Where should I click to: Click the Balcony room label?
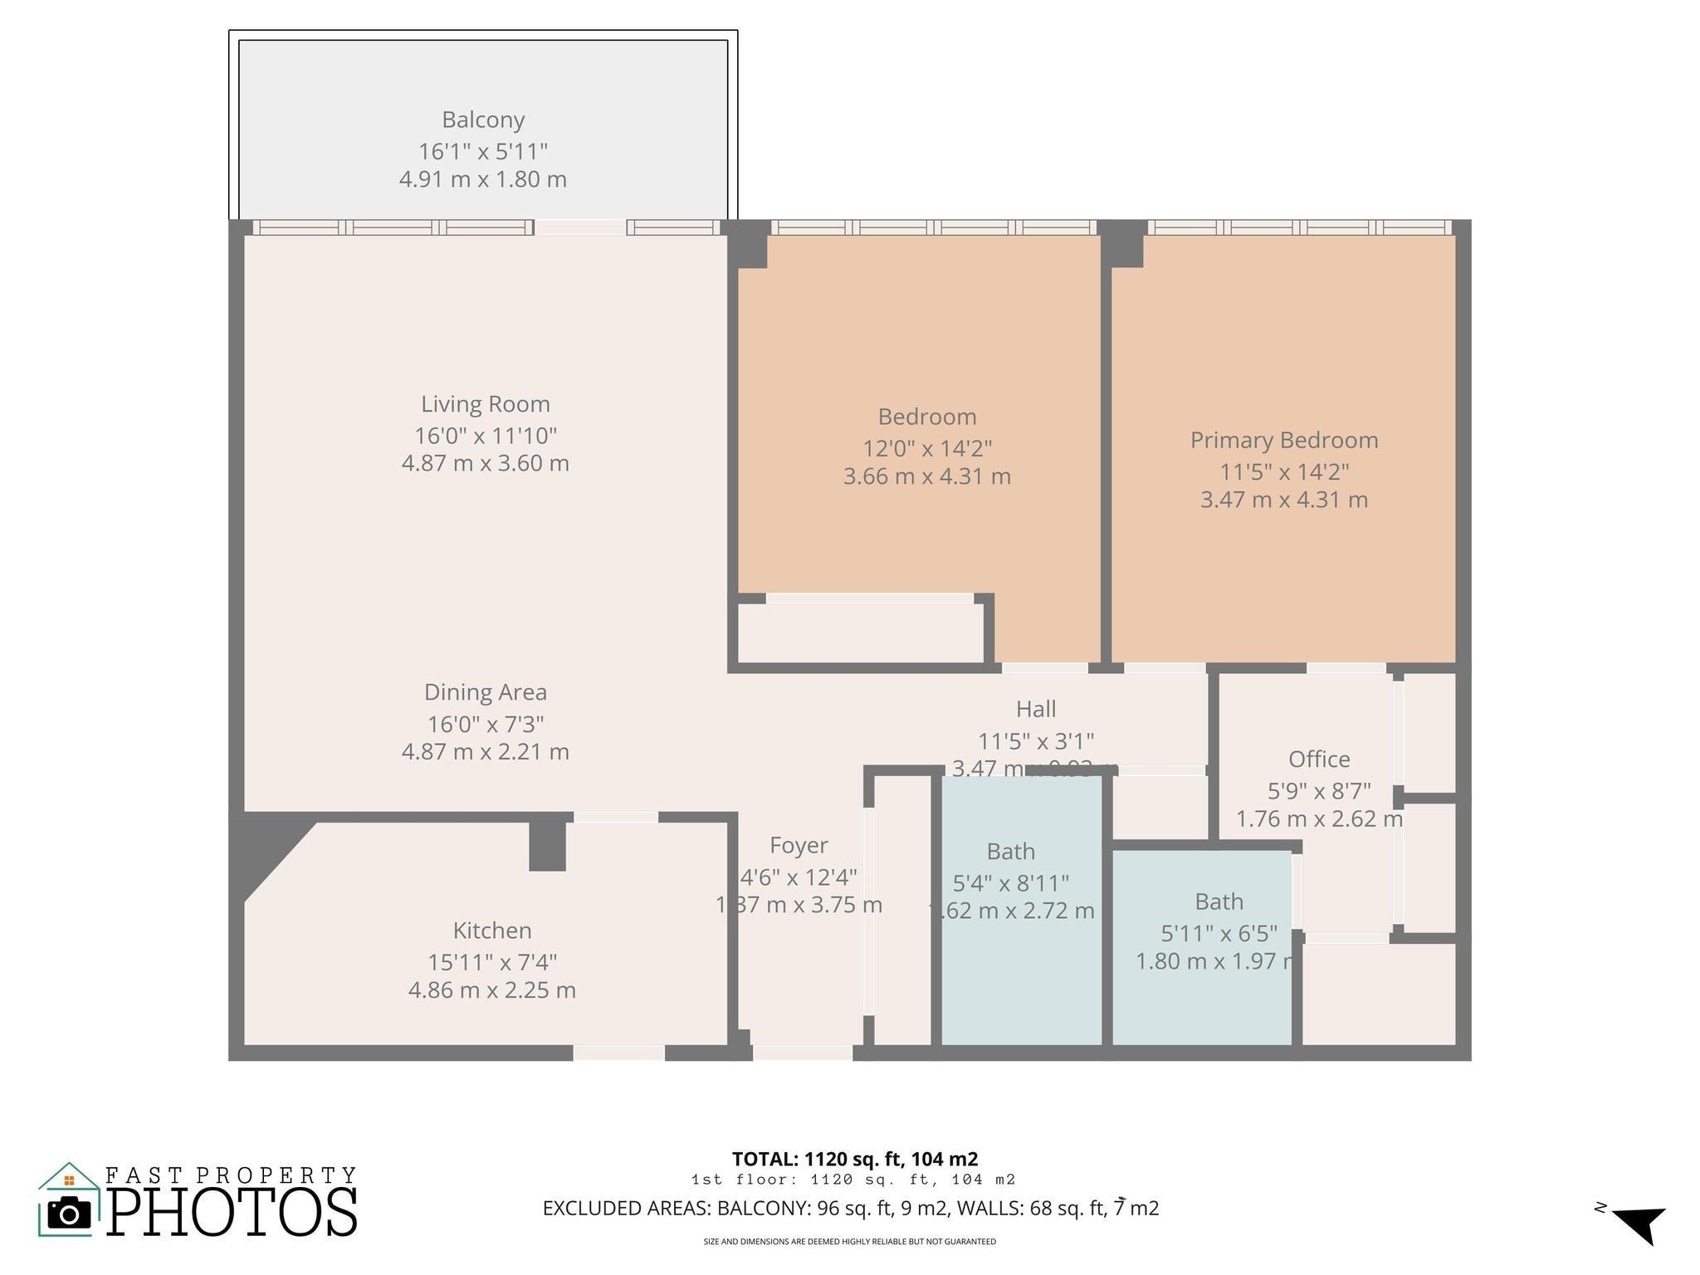pos(483,120)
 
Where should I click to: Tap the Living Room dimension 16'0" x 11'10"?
pos(486,435)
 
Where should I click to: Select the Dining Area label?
pos(486,691)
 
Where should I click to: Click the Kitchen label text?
pos(492,930)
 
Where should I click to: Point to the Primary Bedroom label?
pos(1284,440)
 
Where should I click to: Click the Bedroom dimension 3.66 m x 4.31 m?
pos(927,476)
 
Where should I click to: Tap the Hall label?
pos(1036,708)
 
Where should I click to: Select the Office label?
pos(1319,759)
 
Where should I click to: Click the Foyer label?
pos(799,845)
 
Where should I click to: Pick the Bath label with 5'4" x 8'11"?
pos(1010,851)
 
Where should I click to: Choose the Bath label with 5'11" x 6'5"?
pos(1219,901)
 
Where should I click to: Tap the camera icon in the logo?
pos(69,1214)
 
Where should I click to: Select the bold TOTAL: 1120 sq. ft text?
pos(855,1159)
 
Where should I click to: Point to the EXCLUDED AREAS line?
pos(851,1208)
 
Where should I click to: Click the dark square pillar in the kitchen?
pos(548,847)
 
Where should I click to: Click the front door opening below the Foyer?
pos(802,1053)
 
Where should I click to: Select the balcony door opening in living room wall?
pos(579,227)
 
